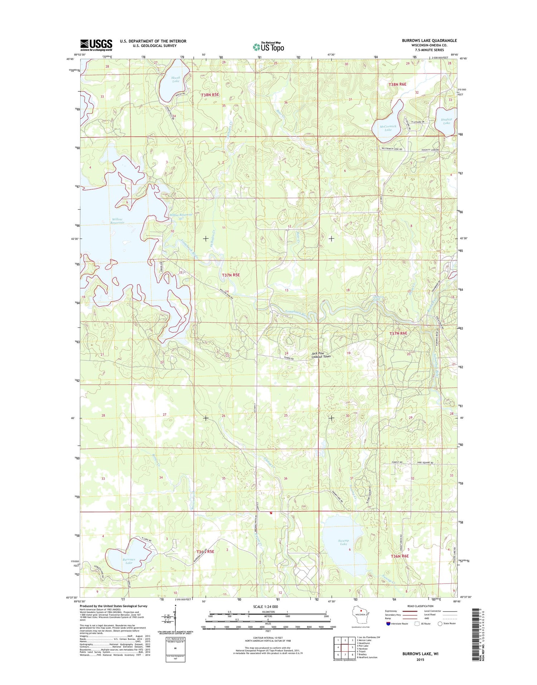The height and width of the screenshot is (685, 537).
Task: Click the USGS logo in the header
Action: click(96, 45)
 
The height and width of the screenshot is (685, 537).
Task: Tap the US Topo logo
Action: click(268, 47)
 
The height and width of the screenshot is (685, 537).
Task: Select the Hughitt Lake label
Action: click(446, 121)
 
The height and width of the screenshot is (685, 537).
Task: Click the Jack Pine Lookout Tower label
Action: click(321, 355)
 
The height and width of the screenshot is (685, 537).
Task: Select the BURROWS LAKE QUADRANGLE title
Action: click(429, 40)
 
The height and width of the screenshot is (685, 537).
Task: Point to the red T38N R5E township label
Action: click(210, 95)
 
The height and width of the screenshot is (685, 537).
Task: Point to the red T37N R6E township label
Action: click(398, 333)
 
